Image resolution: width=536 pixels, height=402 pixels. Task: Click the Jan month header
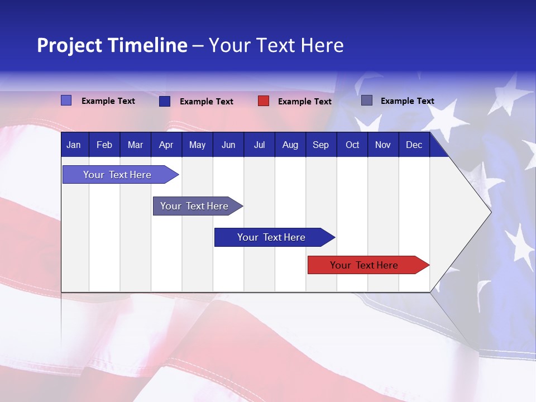[74, 145]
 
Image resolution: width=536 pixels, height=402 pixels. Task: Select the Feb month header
[104, 145]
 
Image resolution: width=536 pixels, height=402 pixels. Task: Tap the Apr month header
[166, 145]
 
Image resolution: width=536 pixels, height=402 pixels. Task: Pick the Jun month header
[228, 145]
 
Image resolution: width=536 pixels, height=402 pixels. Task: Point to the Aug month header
[290, 145]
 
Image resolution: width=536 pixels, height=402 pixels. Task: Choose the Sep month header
[321, 145]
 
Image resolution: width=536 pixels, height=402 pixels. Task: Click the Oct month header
[352, 145]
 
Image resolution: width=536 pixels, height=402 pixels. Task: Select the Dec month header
[414, 145]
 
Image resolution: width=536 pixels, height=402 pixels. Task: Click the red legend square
[264, 101]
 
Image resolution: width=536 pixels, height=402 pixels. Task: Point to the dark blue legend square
[165, 101]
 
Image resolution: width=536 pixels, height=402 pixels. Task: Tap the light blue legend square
[66, 100]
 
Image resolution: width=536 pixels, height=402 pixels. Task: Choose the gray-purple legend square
[367, 100]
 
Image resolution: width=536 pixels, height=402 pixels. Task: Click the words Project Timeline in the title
[112, 45]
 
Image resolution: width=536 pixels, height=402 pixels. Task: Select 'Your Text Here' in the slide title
[276, 45]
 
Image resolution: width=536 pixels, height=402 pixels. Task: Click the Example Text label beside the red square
[305, 102]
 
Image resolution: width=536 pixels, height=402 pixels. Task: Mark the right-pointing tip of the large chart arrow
[490, 212]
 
